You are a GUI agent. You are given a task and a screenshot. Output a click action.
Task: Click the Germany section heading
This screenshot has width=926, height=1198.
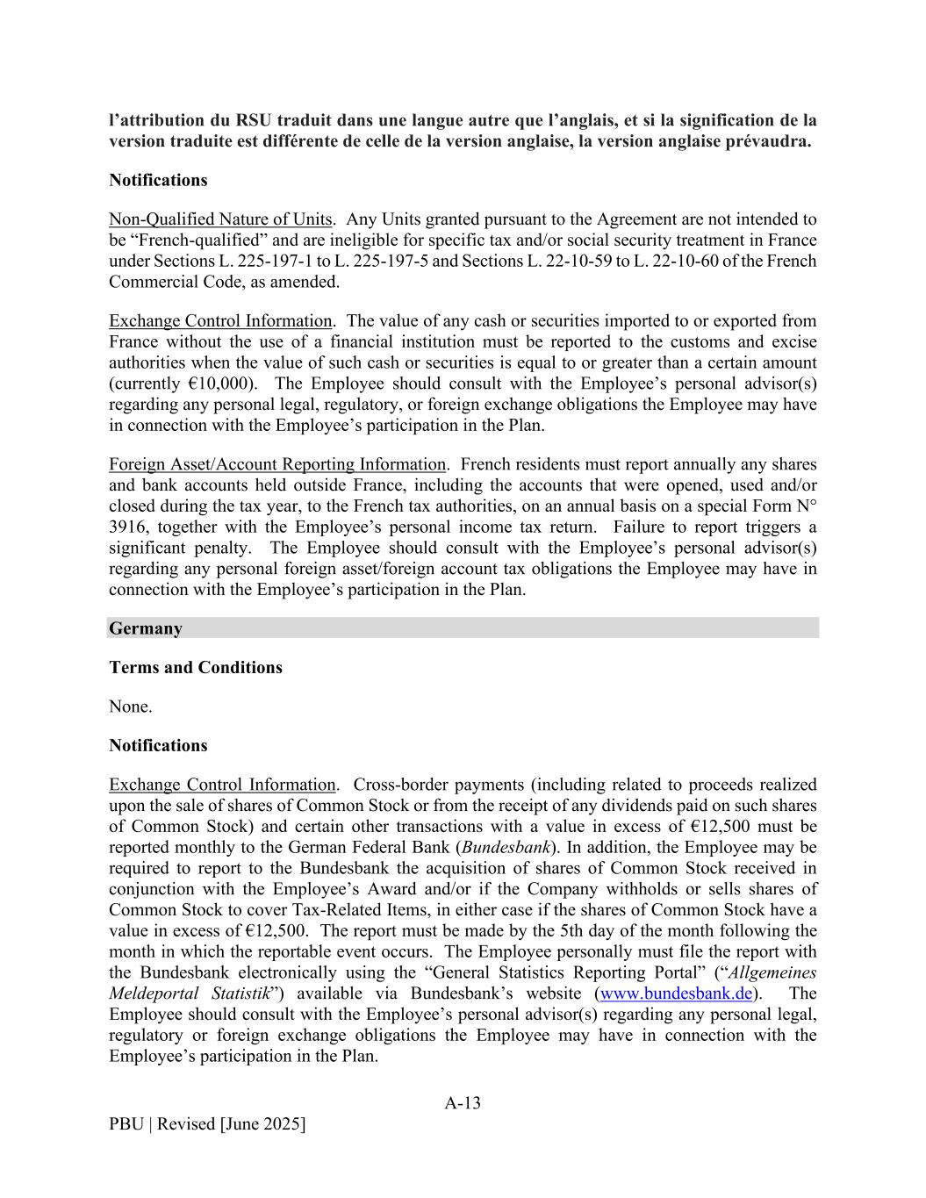pyautogui.click(x=146, y=628)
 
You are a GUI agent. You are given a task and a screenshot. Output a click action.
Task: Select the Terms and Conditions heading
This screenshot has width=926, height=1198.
pyautogui.click(x=196, y=667)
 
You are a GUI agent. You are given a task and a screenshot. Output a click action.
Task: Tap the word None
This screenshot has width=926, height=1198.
pyautogui.click(x=130, y=706)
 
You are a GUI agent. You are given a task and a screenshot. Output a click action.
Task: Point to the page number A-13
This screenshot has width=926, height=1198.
pyautogui.click(x=463, y=1103)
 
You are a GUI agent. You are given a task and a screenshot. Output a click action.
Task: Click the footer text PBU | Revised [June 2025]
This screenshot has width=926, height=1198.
pyautogui.click(x=207, y=1124)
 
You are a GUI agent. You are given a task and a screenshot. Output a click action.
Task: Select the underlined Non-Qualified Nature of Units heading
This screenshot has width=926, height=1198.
pyautogui.click(x=220, y=219)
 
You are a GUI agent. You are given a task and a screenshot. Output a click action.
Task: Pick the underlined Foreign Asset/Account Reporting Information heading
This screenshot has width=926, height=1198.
pyautogui.click(x=277, y=464)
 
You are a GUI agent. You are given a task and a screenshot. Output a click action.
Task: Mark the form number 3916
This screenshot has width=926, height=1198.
pyautogui.click(x=126, y=527)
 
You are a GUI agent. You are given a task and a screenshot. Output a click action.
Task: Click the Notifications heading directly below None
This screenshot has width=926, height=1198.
pyautogui.click(x=158, y=745)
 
